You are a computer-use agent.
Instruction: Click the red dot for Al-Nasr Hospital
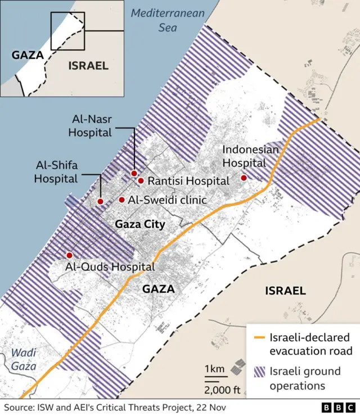[134, 173]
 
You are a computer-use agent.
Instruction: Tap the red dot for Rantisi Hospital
[141, 180]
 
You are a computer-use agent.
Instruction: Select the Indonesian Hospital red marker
[244, 178]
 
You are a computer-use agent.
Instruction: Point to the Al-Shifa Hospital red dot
[100, 201]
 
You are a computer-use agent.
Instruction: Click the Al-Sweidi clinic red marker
[121, 200]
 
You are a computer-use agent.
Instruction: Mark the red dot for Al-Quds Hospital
[69, 255]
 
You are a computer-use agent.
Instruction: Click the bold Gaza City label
[139, 225]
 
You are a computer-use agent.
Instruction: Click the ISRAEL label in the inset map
[88, 66]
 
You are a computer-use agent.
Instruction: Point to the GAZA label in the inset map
[27, 55]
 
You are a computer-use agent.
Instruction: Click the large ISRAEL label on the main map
[285, 291]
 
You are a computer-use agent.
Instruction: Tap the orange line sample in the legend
[259, 338]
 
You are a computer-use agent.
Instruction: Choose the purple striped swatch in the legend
[259, 372]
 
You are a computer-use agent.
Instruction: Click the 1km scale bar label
[214, 369]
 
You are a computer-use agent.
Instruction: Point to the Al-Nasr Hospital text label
[90, 126]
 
